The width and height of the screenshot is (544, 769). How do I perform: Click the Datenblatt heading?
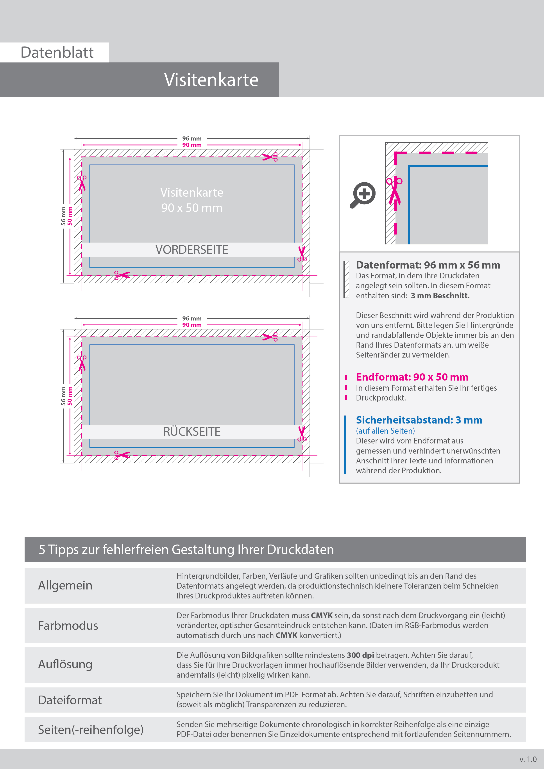coord(57,53)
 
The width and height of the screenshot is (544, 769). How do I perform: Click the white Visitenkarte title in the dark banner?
coord(211,80)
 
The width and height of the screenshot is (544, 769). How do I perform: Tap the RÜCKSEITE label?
coord(192,432)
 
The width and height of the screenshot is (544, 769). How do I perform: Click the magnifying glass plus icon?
coord(363,194)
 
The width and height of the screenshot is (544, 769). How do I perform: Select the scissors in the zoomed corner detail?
coord(394,191)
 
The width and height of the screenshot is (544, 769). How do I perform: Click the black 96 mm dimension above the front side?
coord(192,138)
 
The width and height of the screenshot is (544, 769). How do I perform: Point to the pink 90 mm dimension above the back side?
coord(192,325)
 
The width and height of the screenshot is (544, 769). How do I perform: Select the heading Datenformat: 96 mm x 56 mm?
coord(428,265)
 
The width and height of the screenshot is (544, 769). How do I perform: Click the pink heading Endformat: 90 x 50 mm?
coord(412,377)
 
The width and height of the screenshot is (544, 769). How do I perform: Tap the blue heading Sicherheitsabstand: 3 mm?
coord(419,420)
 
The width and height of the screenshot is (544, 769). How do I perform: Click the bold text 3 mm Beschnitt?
coord(440,296)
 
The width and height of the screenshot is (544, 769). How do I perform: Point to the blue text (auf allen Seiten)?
coord(385,431)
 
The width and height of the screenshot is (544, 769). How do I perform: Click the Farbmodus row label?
coord(68,626)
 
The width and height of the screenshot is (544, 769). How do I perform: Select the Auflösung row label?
coord(65,664)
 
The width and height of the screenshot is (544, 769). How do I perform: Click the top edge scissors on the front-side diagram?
coord(270,157)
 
